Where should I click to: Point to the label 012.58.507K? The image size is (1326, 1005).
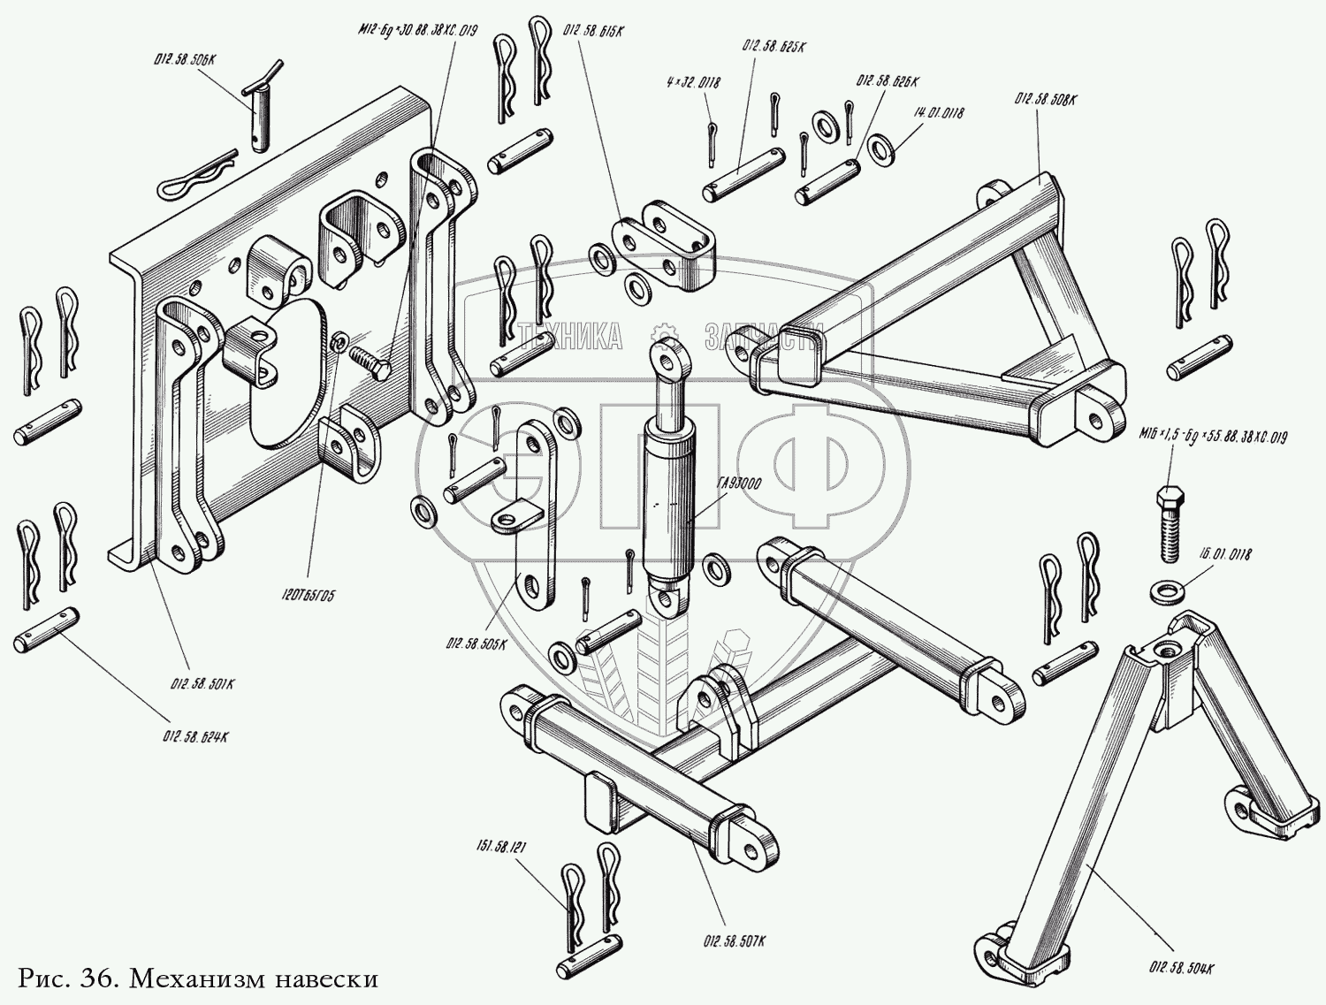pyautogui.click(x=735, y=943)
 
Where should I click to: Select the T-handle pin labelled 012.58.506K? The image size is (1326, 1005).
pyautogui.click(x=261, y=110)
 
